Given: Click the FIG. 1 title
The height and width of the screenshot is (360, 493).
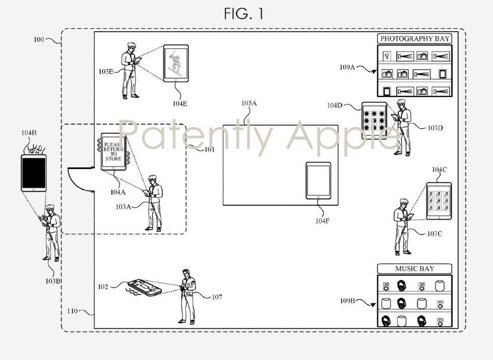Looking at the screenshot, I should click(x=243, y=14).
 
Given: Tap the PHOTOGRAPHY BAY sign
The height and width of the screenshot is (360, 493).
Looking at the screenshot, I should click(x=414, y=38).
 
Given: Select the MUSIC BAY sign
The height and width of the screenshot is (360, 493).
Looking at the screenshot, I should click(x=414, y=269).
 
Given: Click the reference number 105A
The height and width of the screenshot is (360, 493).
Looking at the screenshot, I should click(x=249, y=103).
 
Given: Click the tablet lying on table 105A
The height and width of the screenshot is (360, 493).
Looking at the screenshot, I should click(x=318, y=181).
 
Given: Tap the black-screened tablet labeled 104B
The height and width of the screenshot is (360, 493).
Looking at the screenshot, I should click(x=33, y=172).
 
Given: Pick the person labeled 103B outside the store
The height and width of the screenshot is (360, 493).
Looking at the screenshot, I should click(x=52, y=232).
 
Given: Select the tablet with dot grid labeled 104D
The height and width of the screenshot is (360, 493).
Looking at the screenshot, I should click(x=374, y=120).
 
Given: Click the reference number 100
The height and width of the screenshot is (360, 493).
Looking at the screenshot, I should click(x=39, y=39).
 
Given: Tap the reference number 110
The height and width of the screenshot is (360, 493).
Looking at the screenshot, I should click(x=72, y=311).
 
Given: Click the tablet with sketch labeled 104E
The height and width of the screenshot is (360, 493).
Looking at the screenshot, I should click(x=175, y=63).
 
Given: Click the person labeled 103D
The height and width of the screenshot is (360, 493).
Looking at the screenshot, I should click(x=403, y=128).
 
